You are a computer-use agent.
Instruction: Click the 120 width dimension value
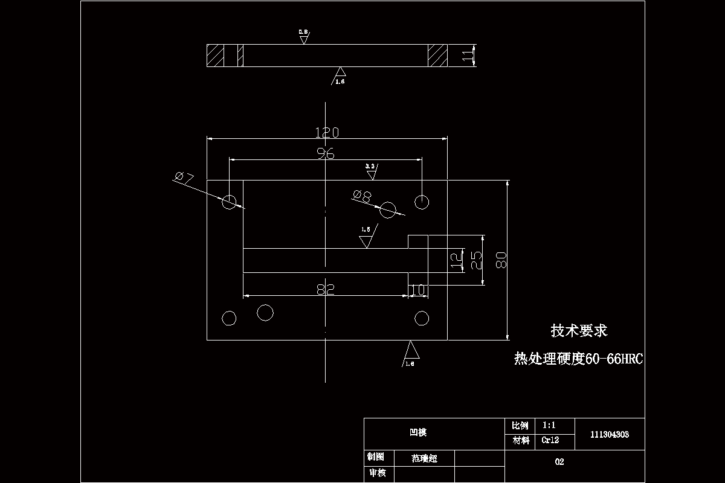[326, 132]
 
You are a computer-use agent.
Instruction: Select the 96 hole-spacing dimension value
[326, 153]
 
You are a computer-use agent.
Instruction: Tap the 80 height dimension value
[500, 260]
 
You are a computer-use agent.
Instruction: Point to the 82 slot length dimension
[326, 289]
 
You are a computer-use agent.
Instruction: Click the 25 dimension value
[476, 260]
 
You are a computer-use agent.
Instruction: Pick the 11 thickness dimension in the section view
[467, 56]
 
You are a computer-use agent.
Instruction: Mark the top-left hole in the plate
[229, 202]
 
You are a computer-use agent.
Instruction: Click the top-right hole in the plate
[421, 201]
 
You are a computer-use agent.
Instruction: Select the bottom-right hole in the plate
[421, 318]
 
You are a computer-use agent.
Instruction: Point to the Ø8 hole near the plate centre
[388, 210]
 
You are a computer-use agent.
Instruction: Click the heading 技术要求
[579, 330]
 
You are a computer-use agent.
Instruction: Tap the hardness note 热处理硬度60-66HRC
[578, 359]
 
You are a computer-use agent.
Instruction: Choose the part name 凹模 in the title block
[418, 432]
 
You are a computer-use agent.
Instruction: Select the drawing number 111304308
[610, 434]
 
